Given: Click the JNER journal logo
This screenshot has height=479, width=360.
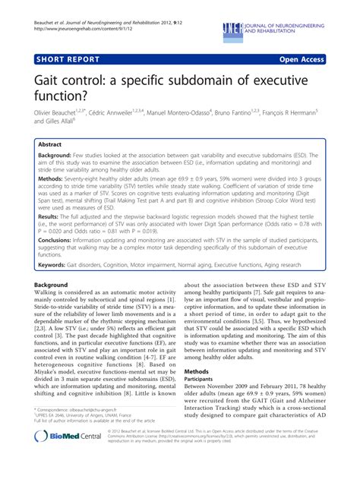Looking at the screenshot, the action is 234,28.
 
